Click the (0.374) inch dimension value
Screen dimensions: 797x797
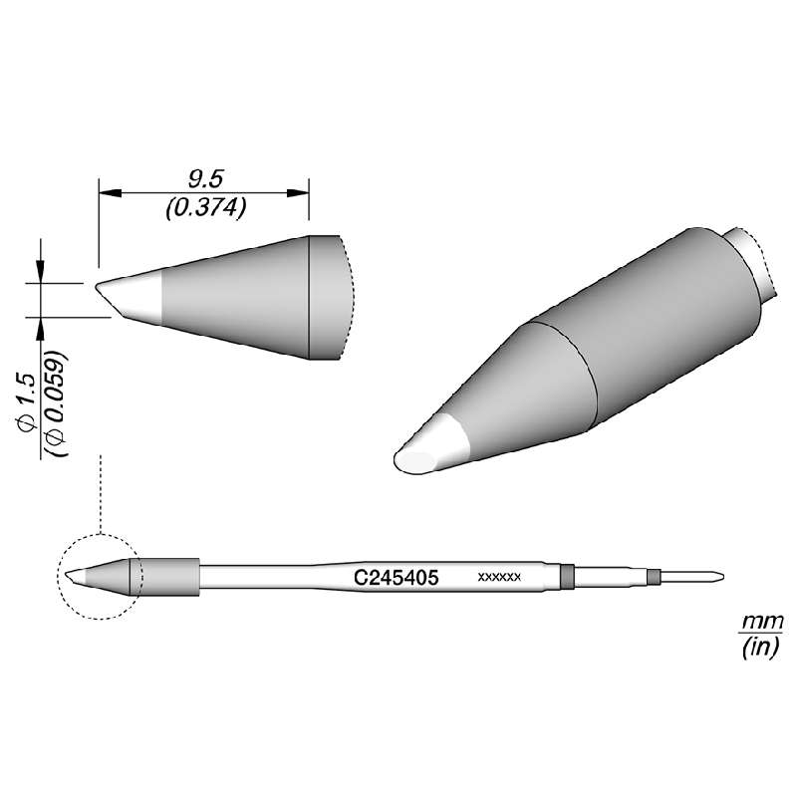204,206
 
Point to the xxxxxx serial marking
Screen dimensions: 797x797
500,577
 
